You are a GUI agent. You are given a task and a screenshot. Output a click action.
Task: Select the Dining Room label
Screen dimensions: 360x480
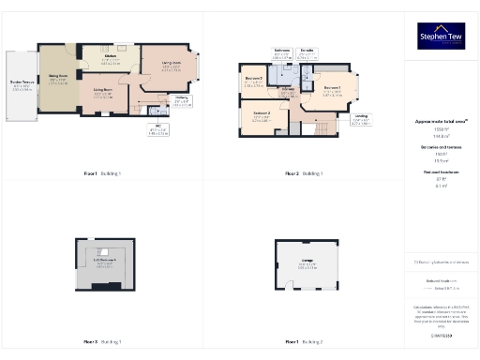click(58, 77)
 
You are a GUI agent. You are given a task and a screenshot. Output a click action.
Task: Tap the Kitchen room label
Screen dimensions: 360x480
click(111, 59)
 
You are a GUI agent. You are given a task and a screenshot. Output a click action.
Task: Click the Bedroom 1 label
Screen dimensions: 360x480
click(331, 92)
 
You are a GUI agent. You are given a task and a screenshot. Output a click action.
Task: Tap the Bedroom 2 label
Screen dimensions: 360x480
click(262, 118)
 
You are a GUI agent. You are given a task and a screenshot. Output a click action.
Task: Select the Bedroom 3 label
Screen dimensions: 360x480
click(253, 81)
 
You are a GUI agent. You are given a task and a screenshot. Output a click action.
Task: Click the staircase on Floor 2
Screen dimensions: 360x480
click(320, 127)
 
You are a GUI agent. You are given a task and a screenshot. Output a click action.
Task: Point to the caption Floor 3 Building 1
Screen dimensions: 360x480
click(103, 342)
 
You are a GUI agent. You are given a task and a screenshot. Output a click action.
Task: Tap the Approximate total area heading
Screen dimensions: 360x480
click(441, 121)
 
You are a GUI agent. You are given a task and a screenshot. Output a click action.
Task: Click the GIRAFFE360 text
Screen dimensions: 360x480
click(441, 335)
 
